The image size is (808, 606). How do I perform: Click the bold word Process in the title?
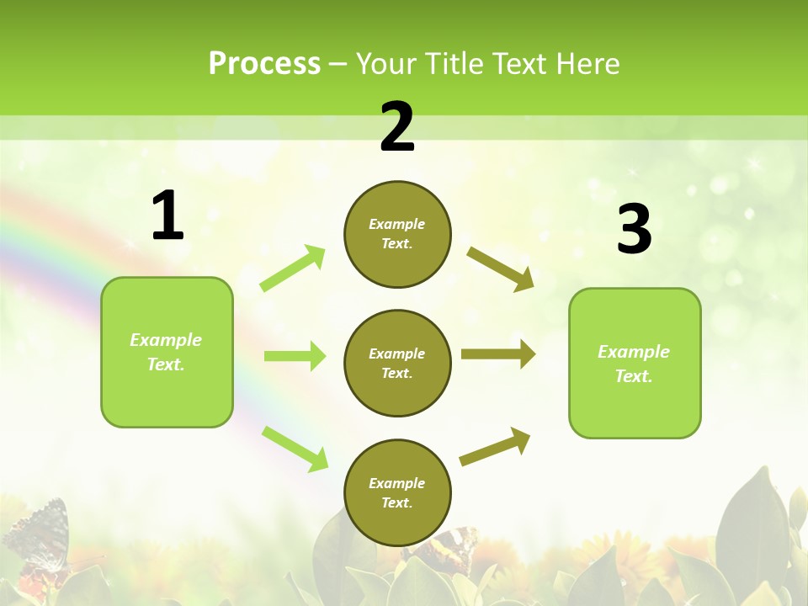pos(264,63)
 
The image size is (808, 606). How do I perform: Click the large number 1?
pos(167,216)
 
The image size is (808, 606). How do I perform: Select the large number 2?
pos(397,127)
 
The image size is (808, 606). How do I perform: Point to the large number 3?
pos(634,230)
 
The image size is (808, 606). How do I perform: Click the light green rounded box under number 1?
pos(167,352)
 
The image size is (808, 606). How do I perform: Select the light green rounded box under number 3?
pos(635,364)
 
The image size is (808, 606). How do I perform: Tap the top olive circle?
pos(397,234)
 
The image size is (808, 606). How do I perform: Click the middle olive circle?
pos(397,363)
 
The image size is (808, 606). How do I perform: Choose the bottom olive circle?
pos(397,492)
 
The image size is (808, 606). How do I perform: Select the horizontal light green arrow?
pos(295,356)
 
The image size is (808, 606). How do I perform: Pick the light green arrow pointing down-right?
pos(295,449)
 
